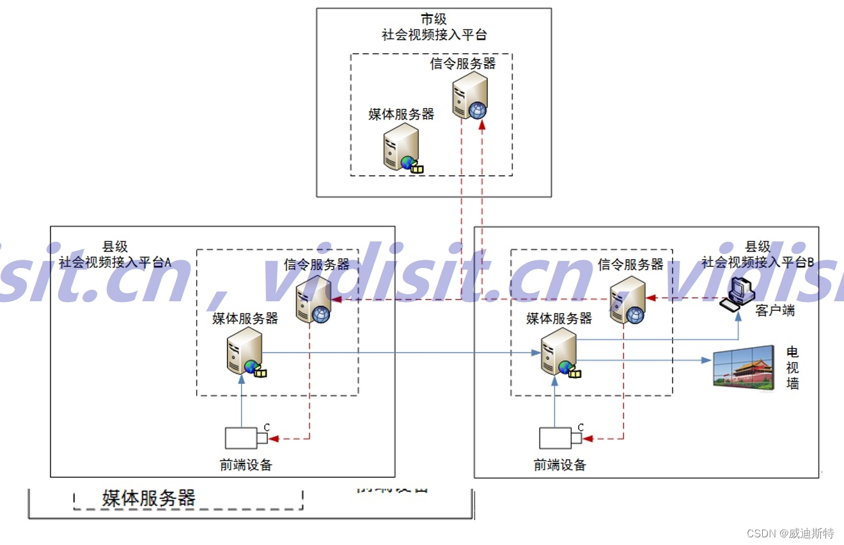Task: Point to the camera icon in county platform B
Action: pos(560,437)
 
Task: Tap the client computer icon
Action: pos(735,295)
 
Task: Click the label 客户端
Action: pos(775,311)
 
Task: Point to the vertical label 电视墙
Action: pos(793,368)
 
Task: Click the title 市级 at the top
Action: pos(434,20)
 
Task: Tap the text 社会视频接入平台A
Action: pos(115,262)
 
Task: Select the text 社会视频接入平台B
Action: pos(758,262)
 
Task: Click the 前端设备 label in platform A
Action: pos(246,465)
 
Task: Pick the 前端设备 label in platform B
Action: pos(560,465)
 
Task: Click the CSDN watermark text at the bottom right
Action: pos(790,533)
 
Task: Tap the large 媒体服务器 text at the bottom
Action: pos(148,498)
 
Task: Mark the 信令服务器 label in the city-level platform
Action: pos(463,63)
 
